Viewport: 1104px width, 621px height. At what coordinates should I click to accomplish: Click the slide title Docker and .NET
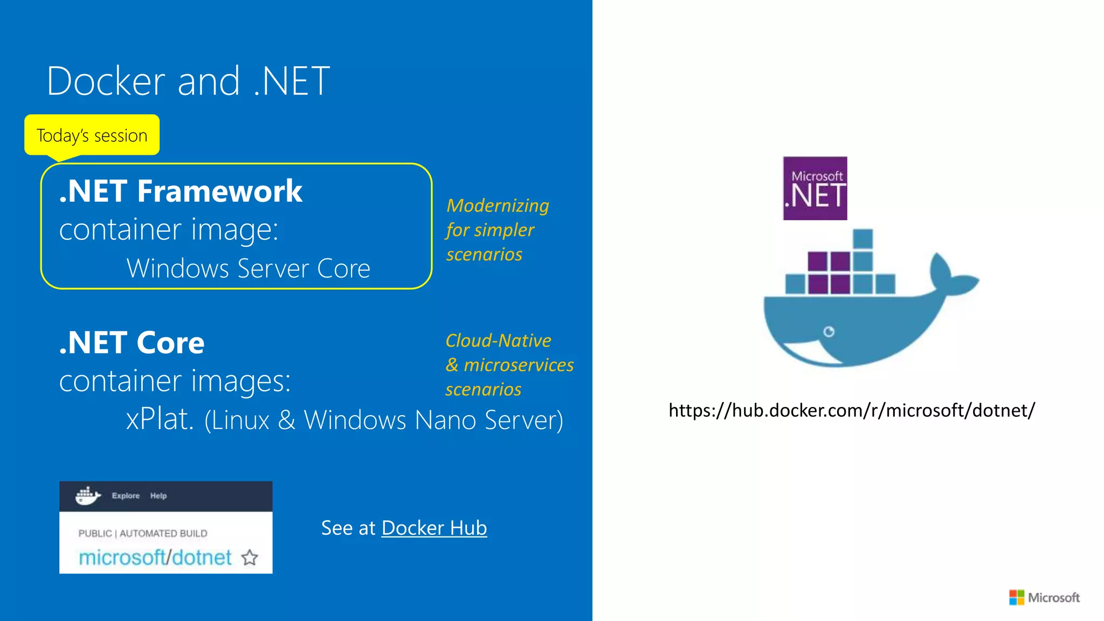(x=188, y=81)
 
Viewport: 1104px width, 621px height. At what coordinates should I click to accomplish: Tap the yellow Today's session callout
(x=92, y=135)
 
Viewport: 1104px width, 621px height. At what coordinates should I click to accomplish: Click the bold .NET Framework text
(x=181, y=191)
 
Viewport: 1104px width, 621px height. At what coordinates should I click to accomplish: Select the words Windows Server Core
(x=248, y=268)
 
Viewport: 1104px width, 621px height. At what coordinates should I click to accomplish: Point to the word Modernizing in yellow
(x=497, y=205)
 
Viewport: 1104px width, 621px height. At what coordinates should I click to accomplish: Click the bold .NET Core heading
(x=132, y=343)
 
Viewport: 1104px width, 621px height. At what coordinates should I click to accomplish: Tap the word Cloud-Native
(x=498, y=341)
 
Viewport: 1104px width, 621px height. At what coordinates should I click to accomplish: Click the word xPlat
(x=160, y=419)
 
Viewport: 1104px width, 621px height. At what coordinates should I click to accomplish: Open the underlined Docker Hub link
(x=434, y=528)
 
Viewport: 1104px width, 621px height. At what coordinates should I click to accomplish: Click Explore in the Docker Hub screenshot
(x=126, y=495)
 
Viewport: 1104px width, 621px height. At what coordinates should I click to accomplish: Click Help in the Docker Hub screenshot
(x=158, y=495)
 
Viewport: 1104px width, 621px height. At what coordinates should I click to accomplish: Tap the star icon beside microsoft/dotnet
(x=250, y=557)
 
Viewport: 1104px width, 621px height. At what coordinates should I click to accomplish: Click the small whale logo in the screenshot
(x=87, y=495)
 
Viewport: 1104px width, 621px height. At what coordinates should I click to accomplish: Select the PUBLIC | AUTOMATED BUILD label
(x=143, y=533)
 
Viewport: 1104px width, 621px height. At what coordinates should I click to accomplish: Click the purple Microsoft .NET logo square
(x=815, y=188)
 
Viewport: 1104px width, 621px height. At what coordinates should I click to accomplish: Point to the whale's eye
(x=829, y=332)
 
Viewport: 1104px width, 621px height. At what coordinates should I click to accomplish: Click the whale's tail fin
(x=951, y=275)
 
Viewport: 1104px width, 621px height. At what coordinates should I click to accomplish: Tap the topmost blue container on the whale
(x=862, y=239)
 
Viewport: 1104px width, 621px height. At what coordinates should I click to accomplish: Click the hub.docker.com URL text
(x=852, y=410)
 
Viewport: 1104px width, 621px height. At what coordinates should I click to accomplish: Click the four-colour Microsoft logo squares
(x=1017, y=597)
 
